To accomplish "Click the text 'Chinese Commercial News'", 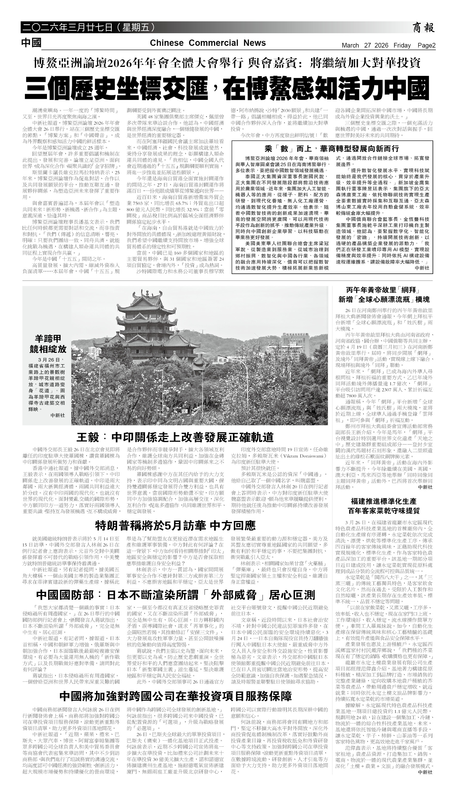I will point(208,43).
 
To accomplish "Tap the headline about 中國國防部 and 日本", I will point(176,595).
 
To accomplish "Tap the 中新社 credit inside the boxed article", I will point(422,268).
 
